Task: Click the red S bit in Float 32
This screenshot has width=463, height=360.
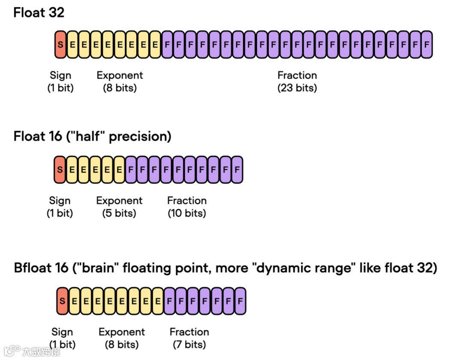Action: tap(60, 44)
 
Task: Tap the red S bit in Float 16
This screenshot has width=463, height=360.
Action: tap(60, 169)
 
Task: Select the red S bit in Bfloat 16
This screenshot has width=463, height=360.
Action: tap(63, 301)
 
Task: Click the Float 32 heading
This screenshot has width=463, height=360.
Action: tap(39, 12)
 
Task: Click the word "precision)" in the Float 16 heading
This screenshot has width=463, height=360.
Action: tap(141, 136)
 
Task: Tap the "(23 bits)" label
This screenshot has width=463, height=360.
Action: tap(297, 88)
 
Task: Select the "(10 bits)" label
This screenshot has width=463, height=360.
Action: tap(187, 213)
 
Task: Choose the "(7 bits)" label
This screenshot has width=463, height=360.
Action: tap(189, 344)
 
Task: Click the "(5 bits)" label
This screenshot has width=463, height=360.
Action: tap(119, 213)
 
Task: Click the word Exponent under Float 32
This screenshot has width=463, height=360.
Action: tap(120, 76)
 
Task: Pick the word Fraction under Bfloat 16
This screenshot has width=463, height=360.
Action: tap(189, 332)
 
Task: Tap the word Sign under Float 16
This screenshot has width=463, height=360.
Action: tap(60, 200)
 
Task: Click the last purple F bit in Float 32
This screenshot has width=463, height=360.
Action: tap(426, 44)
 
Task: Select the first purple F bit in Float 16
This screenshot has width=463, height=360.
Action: tap(131, 169)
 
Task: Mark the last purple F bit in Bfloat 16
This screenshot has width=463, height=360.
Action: tap(241, 301)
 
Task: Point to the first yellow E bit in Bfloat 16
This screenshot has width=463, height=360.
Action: tap(74, 301)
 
